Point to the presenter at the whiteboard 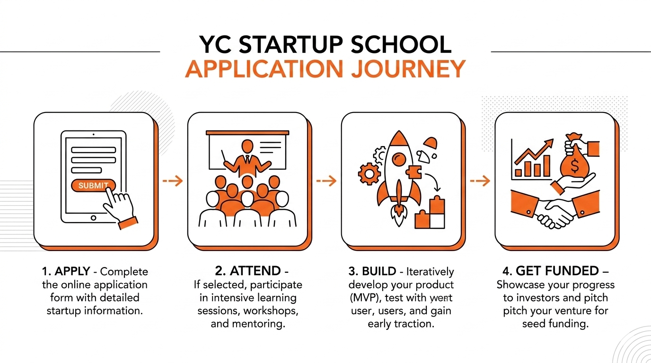click(x=246, y=156)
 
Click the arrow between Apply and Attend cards click(x=173, y=181)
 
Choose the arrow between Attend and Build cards click(x=326, y=181)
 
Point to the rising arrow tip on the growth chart click(x=550, y=141)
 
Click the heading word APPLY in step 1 click(x=72, y=272)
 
